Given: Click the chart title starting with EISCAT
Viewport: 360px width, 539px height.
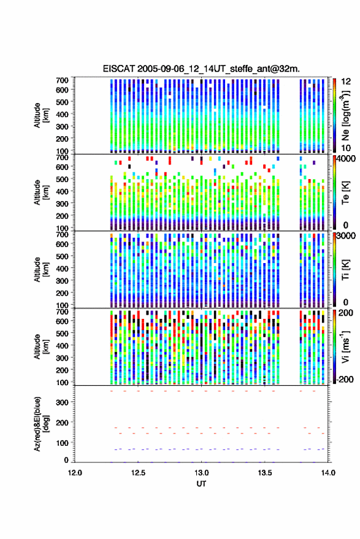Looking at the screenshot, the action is (201, 69).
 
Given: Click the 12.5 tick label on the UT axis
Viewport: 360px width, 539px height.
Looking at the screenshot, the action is (138, 473).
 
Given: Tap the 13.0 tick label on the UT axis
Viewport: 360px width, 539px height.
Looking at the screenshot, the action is (201, 473).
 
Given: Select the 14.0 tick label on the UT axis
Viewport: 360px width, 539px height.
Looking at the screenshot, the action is (328, 473).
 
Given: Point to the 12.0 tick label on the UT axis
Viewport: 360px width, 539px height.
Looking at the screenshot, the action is (75, 473).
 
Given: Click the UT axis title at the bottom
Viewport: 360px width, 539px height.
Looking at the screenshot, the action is (201, 484).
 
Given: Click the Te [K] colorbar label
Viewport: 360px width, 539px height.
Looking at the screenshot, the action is (345, 193).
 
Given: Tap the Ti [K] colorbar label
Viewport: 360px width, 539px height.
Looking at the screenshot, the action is (345, 270).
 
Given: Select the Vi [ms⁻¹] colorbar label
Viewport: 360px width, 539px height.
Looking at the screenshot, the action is (345, 346).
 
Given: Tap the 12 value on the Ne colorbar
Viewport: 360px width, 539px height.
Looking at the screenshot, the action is (347, 82).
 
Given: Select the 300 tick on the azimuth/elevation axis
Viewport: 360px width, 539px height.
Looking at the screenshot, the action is (62, 402).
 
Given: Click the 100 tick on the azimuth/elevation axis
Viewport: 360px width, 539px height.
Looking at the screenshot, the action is (62, 443).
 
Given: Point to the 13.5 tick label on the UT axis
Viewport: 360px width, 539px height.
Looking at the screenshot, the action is (265, 473).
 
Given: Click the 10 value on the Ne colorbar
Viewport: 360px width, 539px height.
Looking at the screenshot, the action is (347, 148).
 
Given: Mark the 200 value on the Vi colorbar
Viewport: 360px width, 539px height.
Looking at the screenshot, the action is (346, 313).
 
